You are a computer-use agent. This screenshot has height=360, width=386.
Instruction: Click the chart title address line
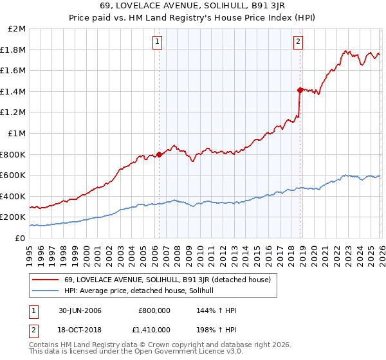point(192,6)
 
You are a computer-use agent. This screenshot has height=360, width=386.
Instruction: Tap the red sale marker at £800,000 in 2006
point(159,154)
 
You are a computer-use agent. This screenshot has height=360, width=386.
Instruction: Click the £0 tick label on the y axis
point(20,238)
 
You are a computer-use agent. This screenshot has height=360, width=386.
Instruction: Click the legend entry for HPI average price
point(143,291)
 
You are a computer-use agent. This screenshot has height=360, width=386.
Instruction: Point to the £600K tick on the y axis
point(14,175)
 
